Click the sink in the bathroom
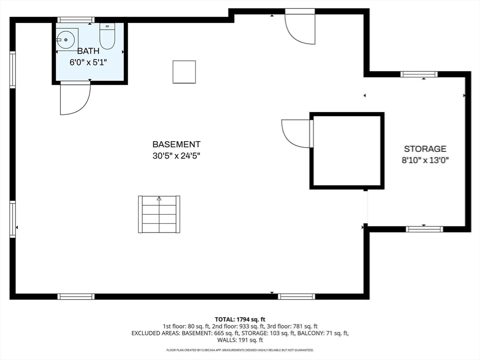(x=67, y=40)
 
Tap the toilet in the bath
(x=107, y=37)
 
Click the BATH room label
(x=88, y=52)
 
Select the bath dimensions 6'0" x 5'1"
(x=88, y=62)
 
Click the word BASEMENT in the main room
(x=176, y=144)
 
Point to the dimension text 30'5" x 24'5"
(x=176, y=156)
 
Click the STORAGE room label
(x=425, y=149)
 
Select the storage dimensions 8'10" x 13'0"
(x=425, y=160)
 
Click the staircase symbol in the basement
(x=159, y=214)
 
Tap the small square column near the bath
(x=184, y=72)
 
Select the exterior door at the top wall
(x=300, y=27)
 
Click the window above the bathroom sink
(x=76, y=20)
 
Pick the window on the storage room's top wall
(x=419, y=74)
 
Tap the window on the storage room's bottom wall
(x=424, y=229)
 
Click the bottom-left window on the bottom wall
(x=76, y=296)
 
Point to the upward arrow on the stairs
(x=159, y=199)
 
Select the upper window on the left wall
(x=13, y=70)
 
